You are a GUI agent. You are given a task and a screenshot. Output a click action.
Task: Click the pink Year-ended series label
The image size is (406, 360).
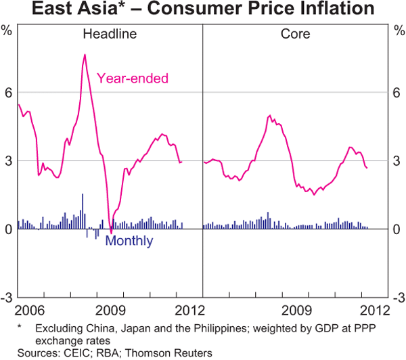133,78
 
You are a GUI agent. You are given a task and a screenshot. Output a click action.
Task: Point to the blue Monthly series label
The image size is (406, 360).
129,241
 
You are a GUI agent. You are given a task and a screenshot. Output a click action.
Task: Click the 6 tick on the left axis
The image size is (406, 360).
9,93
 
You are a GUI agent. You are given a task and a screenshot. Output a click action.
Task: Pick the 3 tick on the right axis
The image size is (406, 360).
398,161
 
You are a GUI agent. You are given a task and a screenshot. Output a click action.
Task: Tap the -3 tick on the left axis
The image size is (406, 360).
7,298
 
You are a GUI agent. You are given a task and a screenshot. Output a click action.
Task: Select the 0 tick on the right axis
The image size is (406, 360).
398,229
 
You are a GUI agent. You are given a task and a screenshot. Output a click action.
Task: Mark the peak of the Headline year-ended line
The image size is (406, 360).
85,54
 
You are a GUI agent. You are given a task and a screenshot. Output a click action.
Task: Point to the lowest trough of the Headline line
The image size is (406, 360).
111,234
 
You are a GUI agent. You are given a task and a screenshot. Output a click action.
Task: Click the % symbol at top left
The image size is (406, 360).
7,30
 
